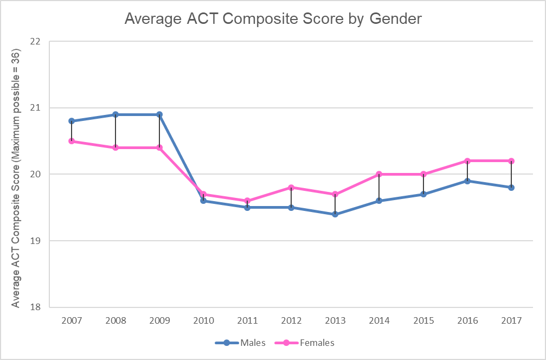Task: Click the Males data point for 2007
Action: click(x=72, y=121)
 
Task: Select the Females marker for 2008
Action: click(x=115, y=147)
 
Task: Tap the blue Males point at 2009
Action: click(x=159, y=114)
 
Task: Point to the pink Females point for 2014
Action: click(x=379, y=174)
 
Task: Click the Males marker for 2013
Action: click(x=335, y=214)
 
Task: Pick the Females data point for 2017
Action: click(x=511, y=161)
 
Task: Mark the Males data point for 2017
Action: click(x=511, y=188)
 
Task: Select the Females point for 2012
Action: click(x=291, y=188)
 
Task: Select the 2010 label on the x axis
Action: click(x=203, y=320)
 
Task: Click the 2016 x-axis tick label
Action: click(x=467, y=320)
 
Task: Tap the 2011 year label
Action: click(x=247, y=320)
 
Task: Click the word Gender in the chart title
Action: click(x=395, y=18)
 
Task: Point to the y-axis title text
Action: click(x=16, y=179)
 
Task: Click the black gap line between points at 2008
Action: click(x=115, y=131)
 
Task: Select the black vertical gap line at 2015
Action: click(x=423, y=184)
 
